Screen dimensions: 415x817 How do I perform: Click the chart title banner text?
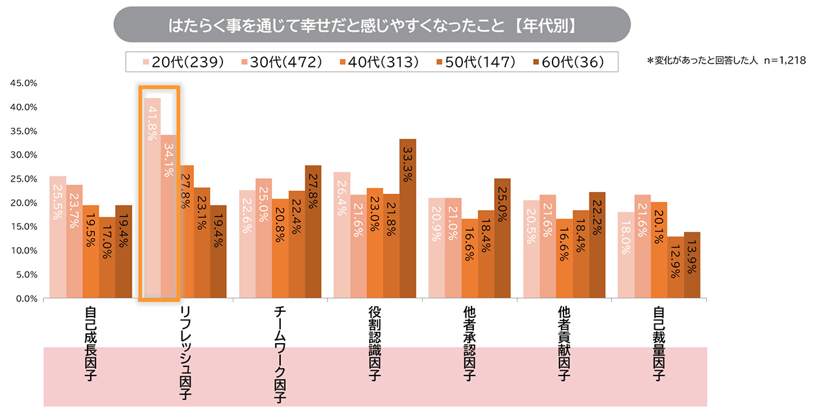(372, 27)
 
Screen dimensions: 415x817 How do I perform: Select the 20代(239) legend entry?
(182, 62)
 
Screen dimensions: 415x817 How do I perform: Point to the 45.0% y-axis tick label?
(23, 84)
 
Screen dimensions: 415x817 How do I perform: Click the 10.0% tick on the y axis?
(23, 251)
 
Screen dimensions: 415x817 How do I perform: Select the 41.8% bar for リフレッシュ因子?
(152, 198)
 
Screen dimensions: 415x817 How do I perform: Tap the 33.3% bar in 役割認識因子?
(408, 219)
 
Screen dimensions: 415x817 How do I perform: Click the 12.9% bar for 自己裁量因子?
(676, 267)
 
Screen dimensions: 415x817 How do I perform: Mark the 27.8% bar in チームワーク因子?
(313, 231)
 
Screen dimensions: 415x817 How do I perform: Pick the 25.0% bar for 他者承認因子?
(503, 238)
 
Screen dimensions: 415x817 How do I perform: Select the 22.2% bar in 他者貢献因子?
(597, 245)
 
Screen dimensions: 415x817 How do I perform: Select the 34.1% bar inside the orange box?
(169, 217)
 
